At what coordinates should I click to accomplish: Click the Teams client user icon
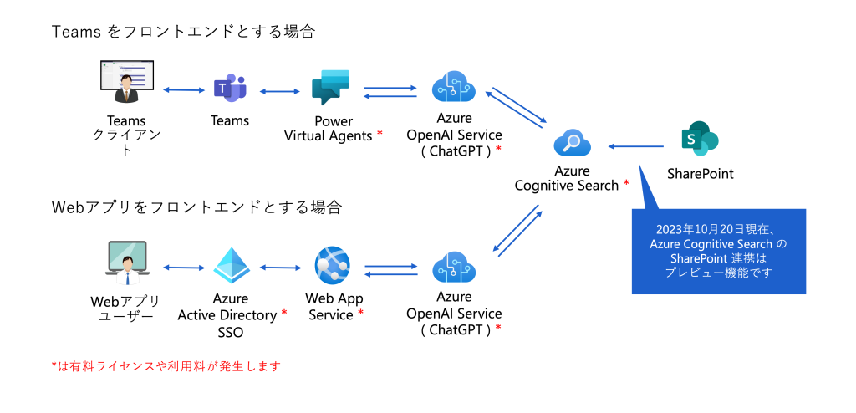coord(126,83)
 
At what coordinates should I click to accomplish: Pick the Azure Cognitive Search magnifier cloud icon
coord(572,144)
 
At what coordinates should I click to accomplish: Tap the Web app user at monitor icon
coord(126,263)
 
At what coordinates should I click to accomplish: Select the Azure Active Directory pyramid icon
coord(232,266)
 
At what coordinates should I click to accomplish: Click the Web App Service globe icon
coord(332,267)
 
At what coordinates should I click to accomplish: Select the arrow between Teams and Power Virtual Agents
coord(280,89)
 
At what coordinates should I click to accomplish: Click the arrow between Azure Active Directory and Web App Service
coord(280,268)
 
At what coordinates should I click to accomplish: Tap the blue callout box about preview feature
coord(718,251)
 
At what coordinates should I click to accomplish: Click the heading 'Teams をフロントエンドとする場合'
coord(183,32)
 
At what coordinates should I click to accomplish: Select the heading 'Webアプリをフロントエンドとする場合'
coord(196,206)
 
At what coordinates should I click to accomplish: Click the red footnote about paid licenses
coord(165,366)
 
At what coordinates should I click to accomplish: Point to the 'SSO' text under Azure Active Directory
coord(232,333)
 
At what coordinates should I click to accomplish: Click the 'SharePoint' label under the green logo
coord(700,174)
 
